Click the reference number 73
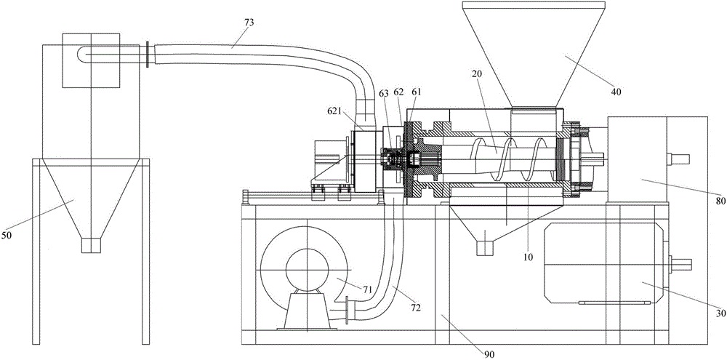[x=249, y=23]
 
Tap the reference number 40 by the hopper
[x=616, y=92]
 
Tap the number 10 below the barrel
[x=528, y=255]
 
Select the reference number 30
[x=721, y=313]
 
